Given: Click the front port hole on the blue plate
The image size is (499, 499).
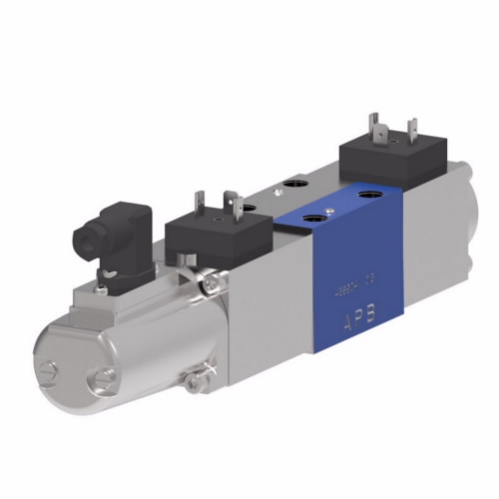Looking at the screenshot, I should click(x=313, y=218).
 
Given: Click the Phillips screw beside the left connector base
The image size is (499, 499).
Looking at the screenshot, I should click(x=213, y=287).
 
